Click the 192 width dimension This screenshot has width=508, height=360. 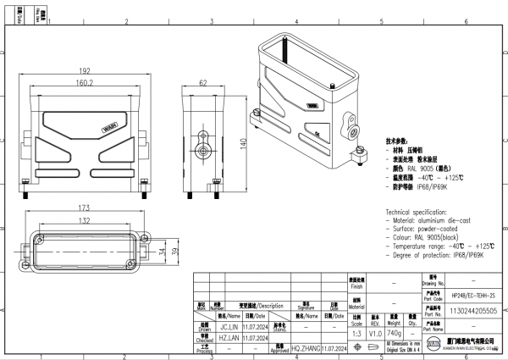click(x=85, y=71)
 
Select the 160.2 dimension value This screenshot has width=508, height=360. click(x=85, y=84)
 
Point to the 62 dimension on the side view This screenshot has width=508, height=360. click(x=203, y=84)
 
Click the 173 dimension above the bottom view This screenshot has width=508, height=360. click(x=85, y=208)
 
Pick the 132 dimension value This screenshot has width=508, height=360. click(x=85, y=220)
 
